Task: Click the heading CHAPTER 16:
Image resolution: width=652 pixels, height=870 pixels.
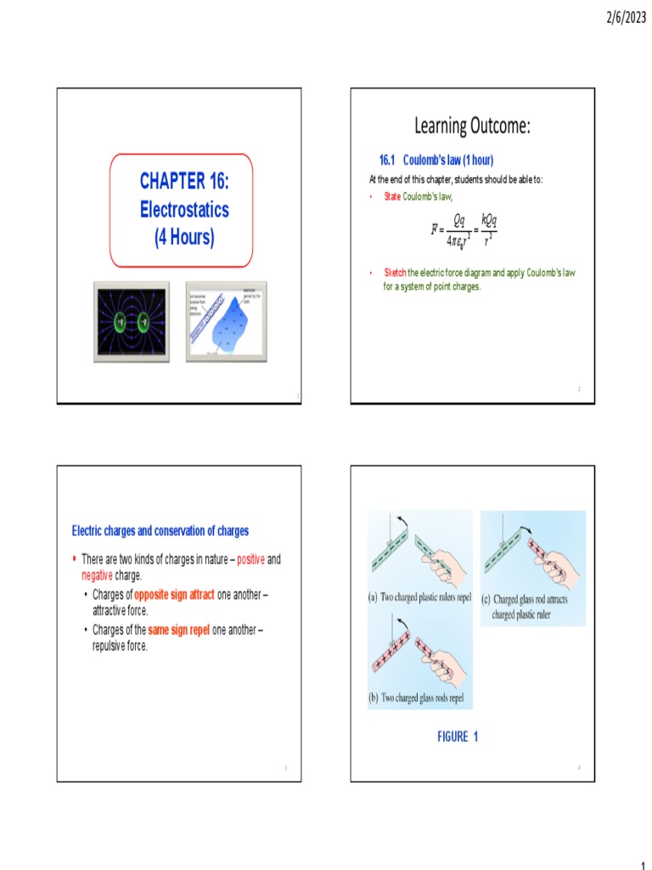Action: tap(184, 181)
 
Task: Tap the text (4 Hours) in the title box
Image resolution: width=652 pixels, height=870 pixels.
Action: tap(184, 237)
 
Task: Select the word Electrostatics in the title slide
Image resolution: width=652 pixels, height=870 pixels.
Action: tap(184, 209)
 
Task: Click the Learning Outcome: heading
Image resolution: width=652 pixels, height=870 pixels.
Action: tap(472, 127)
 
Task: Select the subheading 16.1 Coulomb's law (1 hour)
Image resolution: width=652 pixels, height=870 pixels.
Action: tap(436, 160)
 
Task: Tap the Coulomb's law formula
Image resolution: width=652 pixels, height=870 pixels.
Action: tap(464, 230)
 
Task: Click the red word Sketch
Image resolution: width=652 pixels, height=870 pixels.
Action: tap(396, 273)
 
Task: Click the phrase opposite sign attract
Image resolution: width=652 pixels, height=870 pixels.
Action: tap(174, 596)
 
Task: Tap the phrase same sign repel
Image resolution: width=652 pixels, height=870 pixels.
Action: tap(178, 631)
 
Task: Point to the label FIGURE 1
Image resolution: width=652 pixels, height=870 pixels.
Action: tap(458, 737)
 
